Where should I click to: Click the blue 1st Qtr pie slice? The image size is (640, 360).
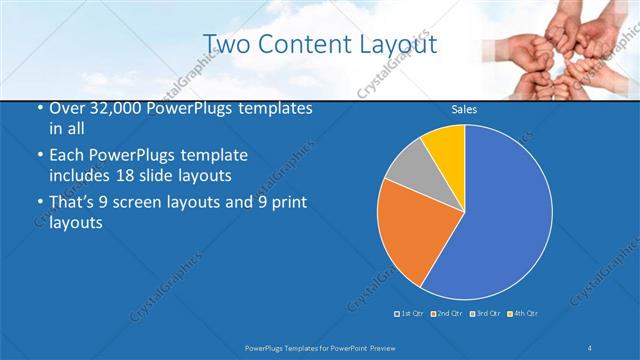click(x=500, y=215)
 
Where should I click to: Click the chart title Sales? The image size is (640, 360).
click(x=464, y=109)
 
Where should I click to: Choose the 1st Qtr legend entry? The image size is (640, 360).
click(x=409, y=314)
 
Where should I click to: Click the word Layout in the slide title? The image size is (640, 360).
click(x=400, y=45)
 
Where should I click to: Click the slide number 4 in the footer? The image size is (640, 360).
click(x=591, y=347)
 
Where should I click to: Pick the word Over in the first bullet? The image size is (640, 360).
click(x=67, y=108)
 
